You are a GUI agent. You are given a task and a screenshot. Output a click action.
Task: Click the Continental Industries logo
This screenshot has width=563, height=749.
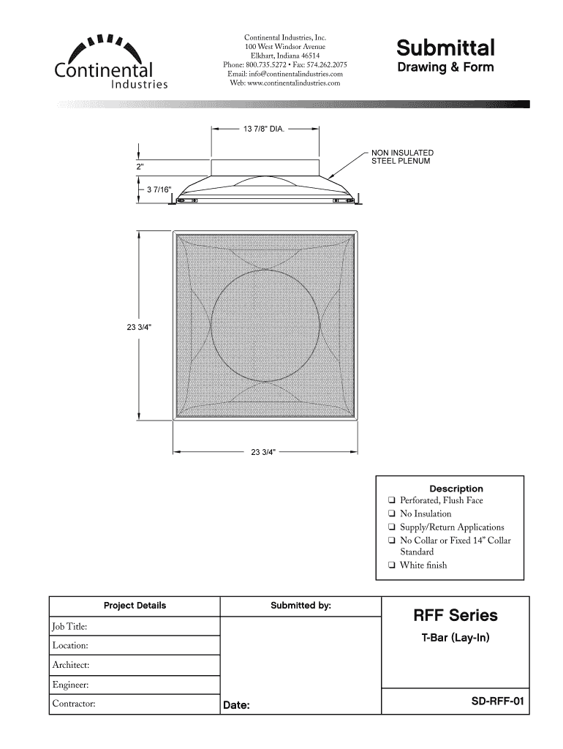point(110,61)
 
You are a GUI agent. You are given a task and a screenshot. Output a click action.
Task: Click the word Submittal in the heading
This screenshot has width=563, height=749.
point(445,48)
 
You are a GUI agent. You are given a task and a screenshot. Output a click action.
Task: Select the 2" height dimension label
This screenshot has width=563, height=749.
point(140,167)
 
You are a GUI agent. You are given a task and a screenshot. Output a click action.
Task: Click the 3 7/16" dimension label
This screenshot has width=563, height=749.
point(159,190)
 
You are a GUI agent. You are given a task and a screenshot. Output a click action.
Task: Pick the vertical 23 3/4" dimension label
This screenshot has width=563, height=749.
point(139,327)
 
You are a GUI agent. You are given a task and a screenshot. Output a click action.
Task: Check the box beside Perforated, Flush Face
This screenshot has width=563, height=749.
point(393,500)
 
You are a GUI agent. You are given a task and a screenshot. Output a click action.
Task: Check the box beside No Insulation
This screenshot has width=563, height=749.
point(393,513)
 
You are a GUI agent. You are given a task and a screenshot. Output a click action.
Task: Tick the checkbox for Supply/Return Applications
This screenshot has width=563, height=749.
point(393,527)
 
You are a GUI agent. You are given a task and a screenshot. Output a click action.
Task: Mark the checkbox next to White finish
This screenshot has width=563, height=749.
point(393,565)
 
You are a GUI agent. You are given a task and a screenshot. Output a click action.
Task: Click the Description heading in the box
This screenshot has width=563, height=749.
point(456,488)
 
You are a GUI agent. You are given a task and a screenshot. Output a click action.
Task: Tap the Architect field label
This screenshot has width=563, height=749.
point(71,665)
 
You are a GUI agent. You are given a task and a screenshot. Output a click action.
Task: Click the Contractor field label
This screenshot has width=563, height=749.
point(74,704)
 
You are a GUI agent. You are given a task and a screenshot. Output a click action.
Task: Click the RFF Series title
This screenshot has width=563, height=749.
point(456,615)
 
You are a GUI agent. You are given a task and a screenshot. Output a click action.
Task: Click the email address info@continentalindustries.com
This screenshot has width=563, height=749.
point(285,74)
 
